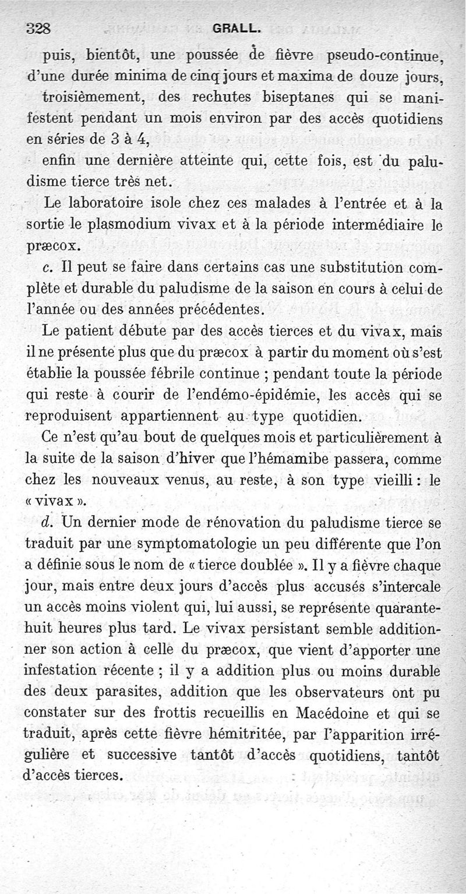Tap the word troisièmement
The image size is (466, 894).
point(96,97)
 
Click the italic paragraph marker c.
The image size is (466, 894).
point(48,268)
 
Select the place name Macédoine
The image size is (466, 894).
point(340,713)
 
